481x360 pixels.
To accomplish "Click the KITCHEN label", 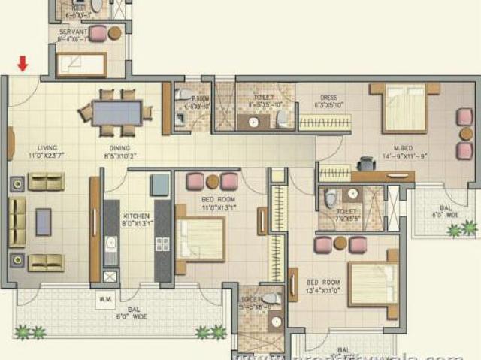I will [x=134, y=218].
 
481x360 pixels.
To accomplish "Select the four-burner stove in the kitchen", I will [x=162, y=244].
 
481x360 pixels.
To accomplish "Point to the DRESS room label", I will [x=329, y=99].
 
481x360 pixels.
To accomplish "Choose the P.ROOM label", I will [x=200, y=102].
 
